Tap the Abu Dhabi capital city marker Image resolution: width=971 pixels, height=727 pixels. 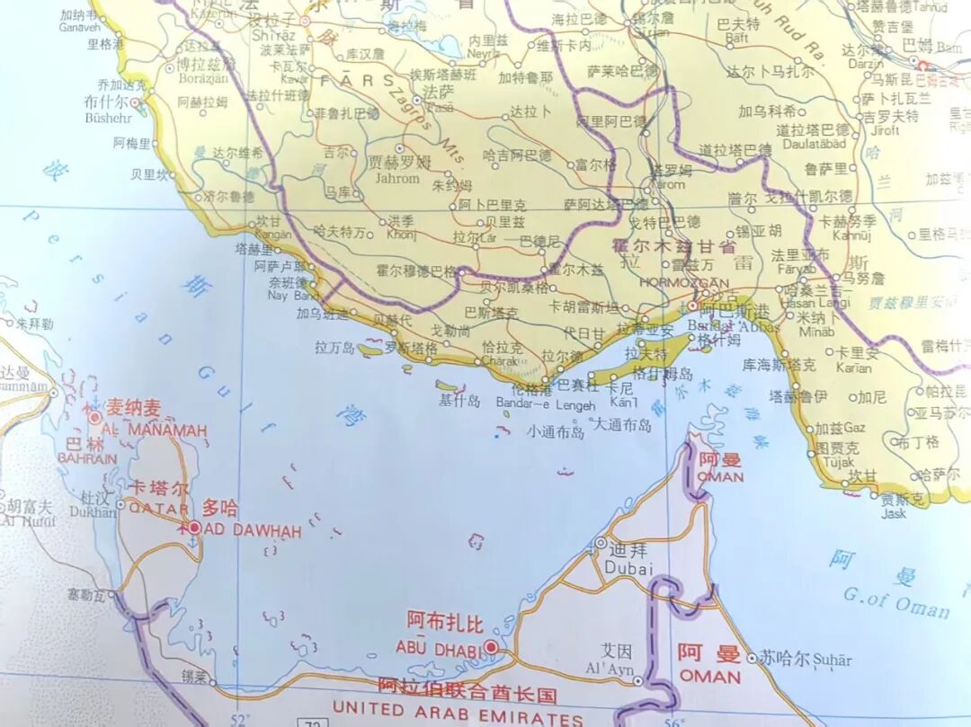tap(492, 646)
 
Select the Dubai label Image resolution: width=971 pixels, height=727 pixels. tap(627, 567)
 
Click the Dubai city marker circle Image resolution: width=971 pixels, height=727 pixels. tap(601, 543)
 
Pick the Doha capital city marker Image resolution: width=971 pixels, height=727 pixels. tap(193, 528)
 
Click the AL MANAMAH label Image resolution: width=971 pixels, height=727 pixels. tap(155, 430)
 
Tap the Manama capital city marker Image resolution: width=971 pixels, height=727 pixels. tap(94, 418)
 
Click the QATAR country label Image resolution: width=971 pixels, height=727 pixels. tap(159, 508)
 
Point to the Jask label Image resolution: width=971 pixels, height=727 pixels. tap(894, 514)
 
